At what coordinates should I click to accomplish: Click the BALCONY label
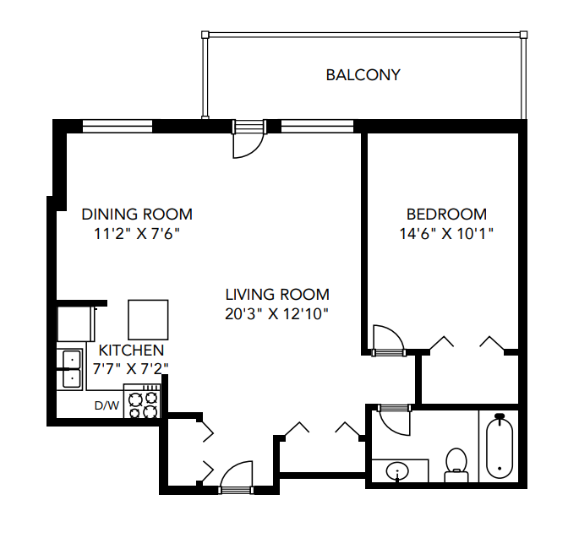pyautogui.click(x=363, y=75)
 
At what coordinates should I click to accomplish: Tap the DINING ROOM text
pyautogui.click(x=137, y=214)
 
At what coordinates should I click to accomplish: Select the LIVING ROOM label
pyautogui.click(x=276, y=295)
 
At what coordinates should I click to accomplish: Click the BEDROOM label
pyautogui.click(x=446, y=214)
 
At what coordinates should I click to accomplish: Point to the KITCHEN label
pyautogui.click(x=131, y=350)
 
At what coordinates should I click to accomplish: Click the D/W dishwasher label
pyautogui.click(x=106, y=405)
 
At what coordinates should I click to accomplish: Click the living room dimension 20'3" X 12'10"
pyautogui.click(x=276, y=313)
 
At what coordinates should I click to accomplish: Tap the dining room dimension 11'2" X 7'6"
pyautogui.click(x=137, y=233)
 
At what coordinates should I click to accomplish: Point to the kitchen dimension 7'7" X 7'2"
pyautogui.click(x=131, y=368)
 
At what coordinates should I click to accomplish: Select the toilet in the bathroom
pyautogui.click(x=456, y=465)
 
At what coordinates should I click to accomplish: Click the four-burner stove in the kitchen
pyautogui.click(x=142, y=403)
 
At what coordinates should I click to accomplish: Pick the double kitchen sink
pyautogui.click(x=69, y=367)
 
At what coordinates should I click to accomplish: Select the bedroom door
pyautogui.click(x=388, y=339)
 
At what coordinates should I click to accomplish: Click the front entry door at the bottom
pyautogui.click(x=237, y=477)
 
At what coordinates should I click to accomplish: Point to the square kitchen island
pyautogui.click(x=148, y=318)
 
